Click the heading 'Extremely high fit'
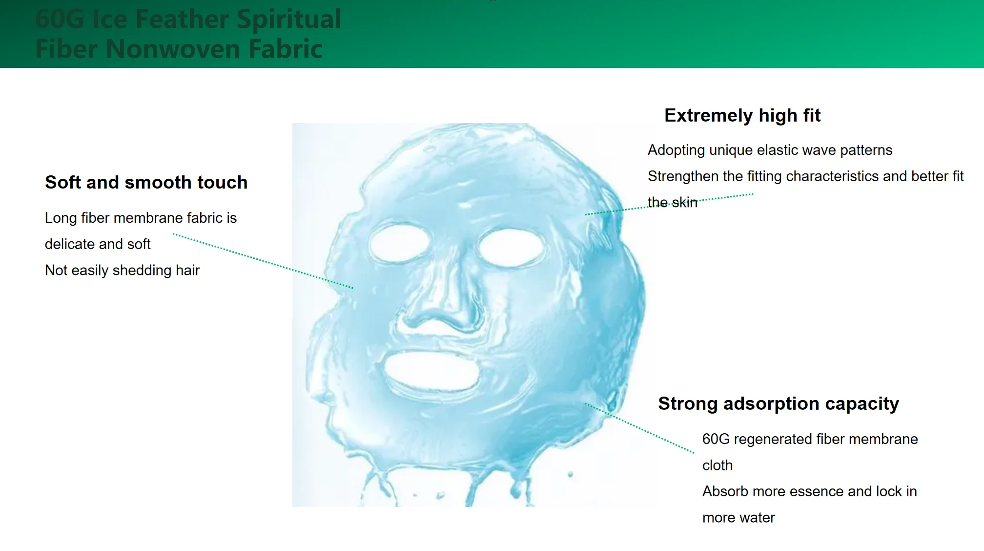click(x=742, y=116)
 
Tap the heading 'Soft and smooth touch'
click(x=146, y=182)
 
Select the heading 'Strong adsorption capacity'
click(x=779, y=404)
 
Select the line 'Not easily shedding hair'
click(x=123, y=270)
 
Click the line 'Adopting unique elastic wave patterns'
click(x=770, y=150)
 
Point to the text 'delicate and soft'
click(x=98, y=244)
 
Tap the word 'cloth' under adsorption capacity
click(x=717, y=465)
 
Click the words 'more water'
click(x=738, y=518)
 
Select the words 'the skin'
click(x=673, y=202)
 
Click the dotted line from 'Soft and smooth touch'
click(x=263, y=261)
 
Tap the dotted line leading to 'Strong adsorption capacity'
click(x=639, y=428)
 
